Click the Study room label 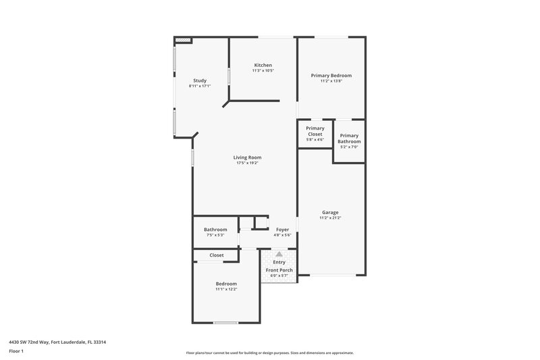(199, 80)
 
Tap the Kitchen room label (263, 65)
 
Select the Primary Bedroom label (331, 76)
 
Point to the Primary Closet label (315, 131)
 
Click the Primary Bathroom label (349, 138)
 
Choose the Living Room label (248, 157)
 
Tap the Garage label (330, 212)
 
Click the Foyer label (282, 230)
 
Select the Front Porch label (279, 270)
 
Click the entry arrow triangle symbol (279, 254)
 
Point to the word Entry (279, 262)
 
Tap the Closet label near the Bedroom (217, 255)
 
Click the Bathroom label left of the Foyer (215, 230)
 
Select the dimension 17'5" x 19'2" (248, 163)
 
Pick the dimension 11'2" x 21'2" (330, 217)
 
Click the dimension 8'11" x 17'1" (199, 86)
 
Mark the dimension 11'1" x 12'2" (226, 289)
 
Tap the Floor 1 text (16, 351)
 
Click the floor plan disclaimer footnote (269, 353)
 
